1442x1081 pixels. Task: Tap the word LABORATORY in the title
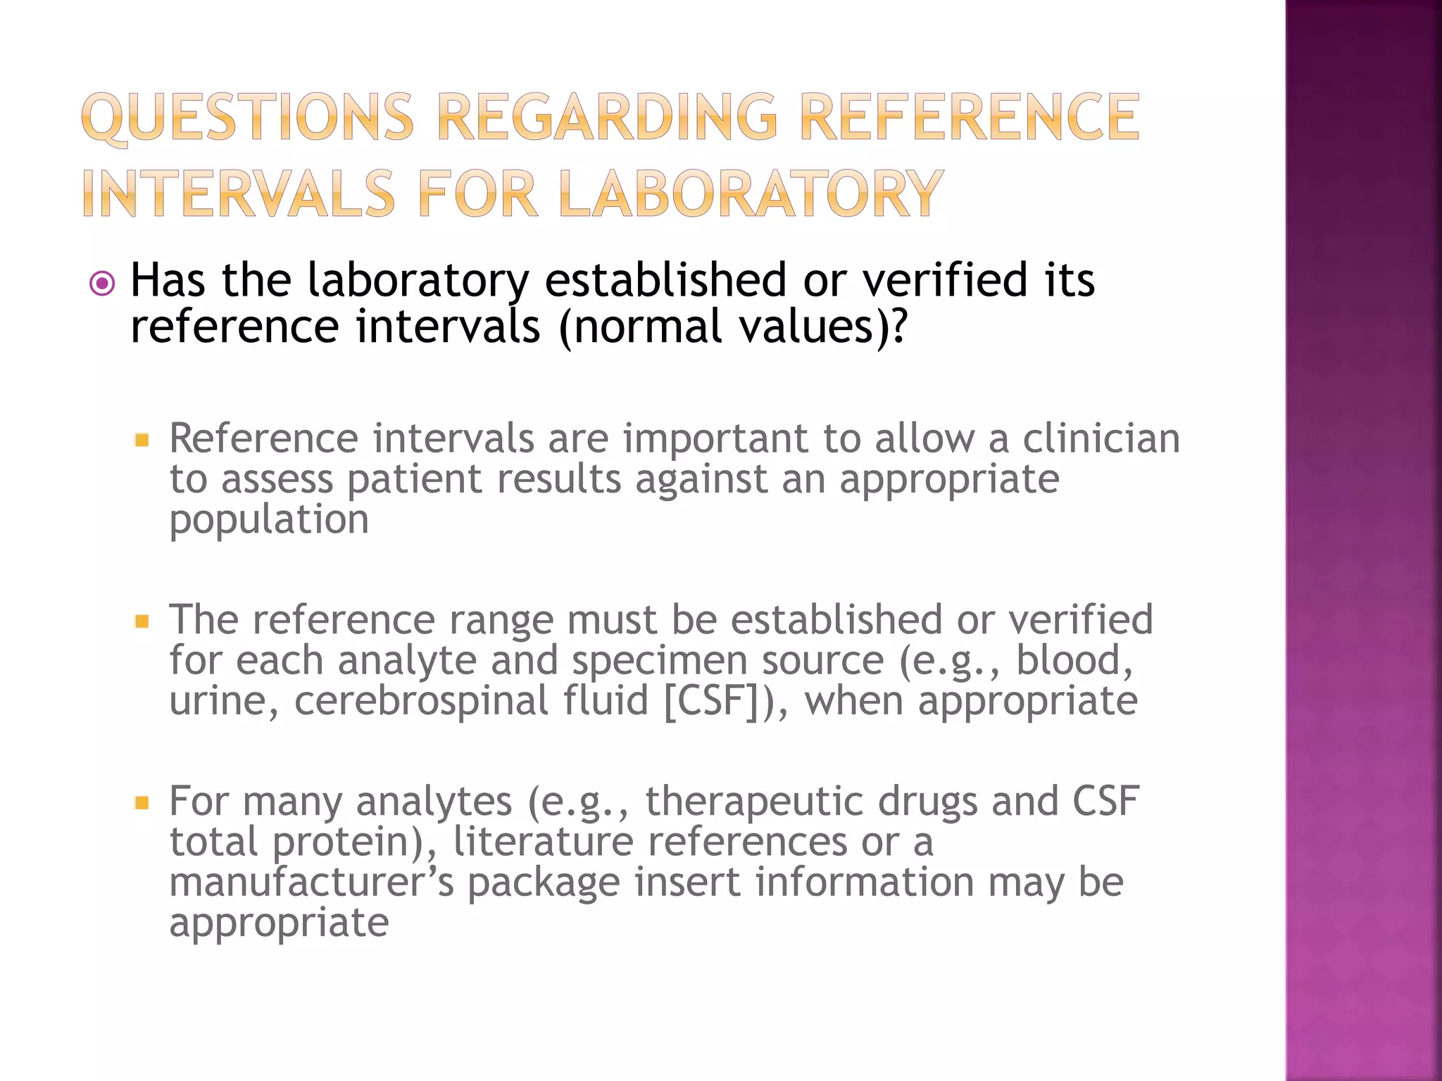[751, 194]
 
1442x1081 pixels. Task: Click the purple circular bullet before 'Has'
[103, 284]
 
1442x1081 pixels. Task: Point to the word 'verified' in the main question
[948, 280]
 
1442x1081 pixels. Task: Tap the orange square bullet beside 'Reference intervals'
[142, 441]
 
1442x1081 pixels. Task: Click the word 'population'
[269, 521]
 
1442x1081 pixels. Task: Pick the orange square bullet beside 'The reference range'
[142, 621]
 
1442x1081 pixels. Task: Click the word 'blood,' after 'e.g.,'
[1074, 661]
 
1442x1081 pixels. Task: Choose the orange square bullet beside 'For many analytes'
[142, 802]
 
